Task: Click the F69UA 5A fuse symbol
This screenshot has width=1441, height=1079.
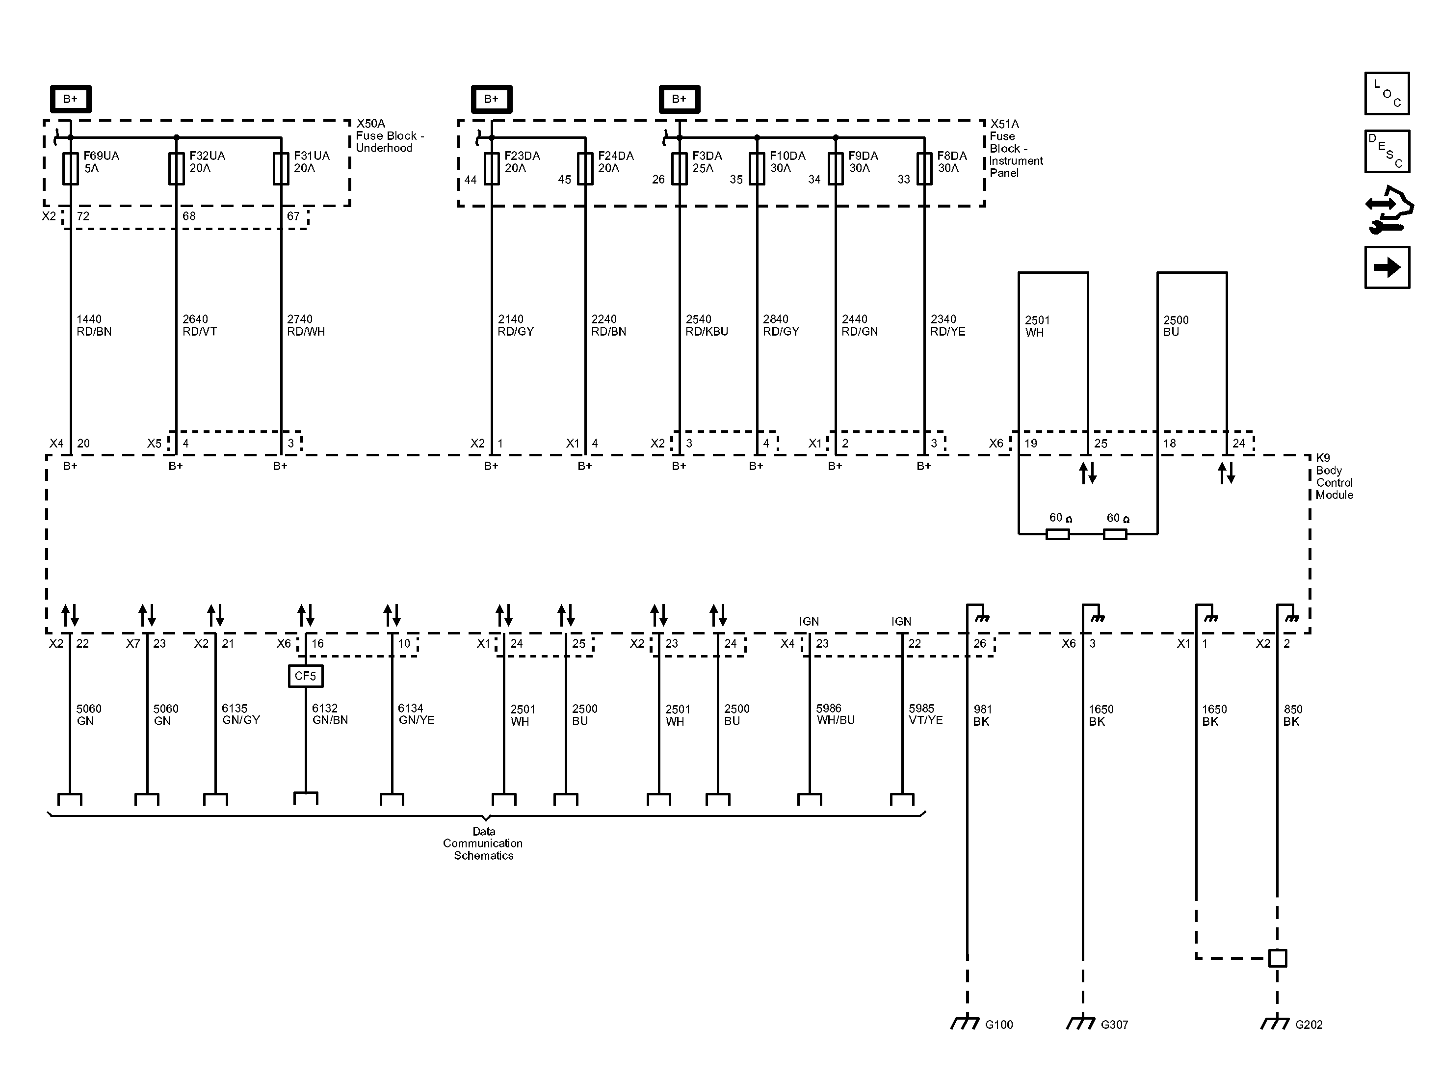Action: pyautogui.click(x=70, y=169)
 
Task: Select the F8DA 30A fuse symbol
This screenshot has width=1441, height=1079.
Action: pyautogui.click(x=924, y=169)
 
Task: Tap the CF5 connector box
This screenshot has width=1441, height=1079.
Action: pyautogui.click(x=306, y=676)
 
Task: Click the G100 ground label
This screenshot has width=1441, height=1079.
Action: pyautogui.click(x=998, y=1024)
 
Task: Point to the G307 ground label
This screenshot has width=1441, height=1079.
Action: pyautogui.click(x=1114, y=1024)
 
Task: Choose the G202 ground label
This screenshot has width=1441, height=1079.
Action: pyautogui.click(x=1309, y=1024)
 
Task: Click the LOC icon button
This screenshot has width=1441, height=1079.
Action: pyautogui.click(x=1387, y=94)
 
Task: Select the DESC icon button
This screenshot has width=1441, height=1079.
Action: pyautogui.click(x=1387, y=151)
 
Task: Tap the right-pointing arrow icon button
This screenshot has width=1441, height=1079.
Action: pyautogui.click(x=1387, y=267)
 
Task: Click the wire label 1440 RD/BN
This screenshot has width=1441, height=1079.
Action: pyautogui.click(x=94, y=325)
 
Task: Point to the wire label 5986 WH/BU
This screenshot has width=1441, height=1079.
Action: pyautogui.click(x=835, y=714)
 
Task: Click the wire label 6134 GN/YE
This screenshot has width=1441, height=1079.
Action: pyautogui.click(x=416, y=714)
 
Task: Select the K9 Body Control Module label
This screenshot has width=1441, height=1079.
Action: pyautogui.click(x=1334, y=476)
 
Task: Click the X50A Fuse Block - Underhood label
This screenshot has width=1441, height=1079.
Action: pyautogui.click(x=390, y=135)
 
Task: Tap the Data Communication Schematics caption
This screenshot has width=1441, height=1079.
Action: pyautogui.click(x=483, y=843)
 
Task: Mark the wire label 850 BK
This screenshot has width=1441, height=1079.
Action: pyautogui.click(x=1292, y=715)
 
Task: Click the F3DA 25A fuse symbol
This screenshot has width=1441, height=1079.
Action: pyautogui.click(x=680, y=169)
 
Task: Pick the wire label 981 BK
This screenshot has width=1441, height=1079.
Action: pyautogui.click(x=982, y=715)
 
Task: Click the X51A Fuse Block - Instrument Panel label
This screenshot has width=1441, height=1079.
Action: pyautogui.click(x=1016, y=148)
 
